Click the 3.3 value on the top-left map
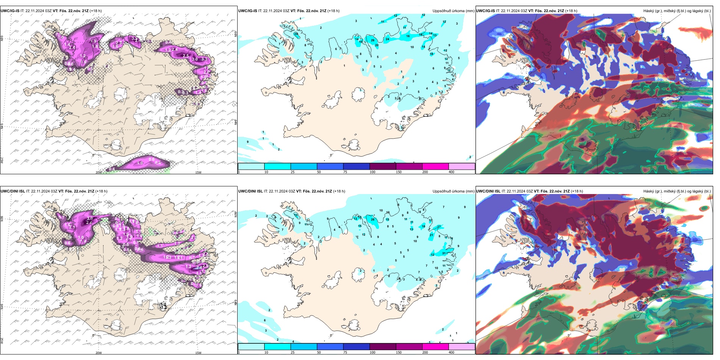tap(204, 59)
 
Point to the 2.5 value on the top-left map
tap(186, 56)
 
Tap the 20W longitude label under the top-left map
tap(99, 172)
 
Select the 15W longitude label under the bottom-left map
tap(198, 353)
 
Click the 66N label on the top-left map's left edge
tap(2, 39)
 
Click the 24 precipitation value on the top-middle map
tap(387, 39)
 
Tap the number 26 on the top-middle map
tap(373, 40)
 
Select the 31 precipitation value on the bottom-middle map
tap(444, 253)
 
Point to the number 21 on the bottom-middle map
tap(431, 235)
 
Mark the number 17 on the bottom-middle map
tap(439, 227)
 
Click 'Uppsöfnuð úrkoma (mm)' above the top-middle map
tap(453, 11)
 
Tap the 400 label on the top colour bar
tap(451, 172)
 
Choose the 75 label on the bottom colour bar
tap(345, 352)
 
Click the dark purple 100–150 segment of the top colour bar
tap(382, 166)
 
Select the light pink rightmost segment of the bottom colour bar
tap(462, 347)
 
